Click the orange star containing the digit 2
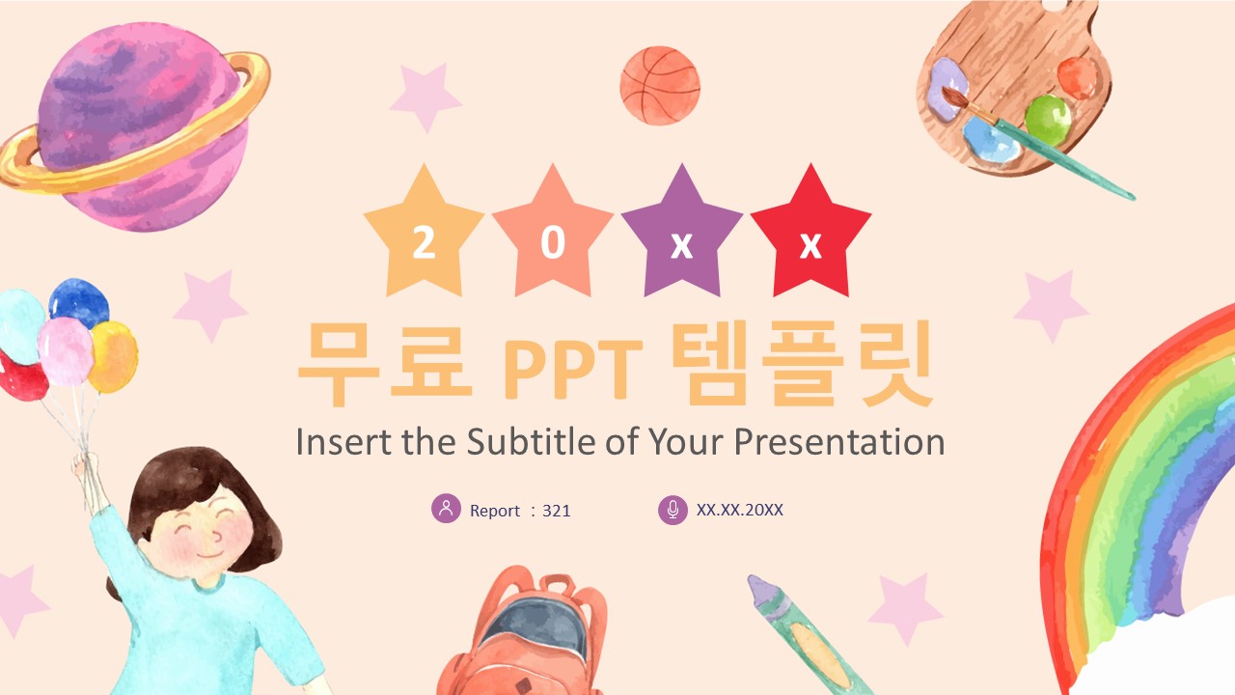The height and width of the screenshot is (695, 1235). tap(424, 235)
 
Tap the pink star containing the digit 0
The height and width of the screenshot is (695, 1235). tap(553, 235)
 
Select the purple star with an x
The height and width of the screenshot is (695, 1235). tap(682, 235)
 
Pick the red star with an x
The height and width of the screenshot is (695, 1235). tap(811, 235)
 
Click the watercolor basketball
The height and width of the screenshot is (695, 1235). tap(660, 86)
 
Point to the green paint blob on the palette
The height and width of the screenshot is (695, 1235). tap(1048, 121)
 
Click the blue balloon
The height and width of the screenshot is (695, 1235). tap(79, 302)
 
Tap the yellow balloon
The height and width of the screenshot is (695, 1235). tap(113, 356)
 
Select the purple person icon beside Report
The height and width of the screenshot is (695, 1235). tap(446, 508)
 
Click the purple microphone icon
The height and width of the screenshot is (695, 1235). tap(672, 509)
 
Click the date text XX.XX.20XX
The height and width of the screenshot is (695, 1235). tap(739, 510)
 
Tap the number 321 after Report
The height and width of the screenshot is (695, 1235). tap(557, 511)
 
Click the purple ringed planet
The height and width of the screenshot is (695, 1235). tap(135, 125)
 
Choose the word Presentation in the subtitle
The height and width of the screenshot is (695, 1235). tap(839, 441)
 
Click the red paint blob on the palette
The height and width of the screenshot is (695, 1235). tap(1078, 78)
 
